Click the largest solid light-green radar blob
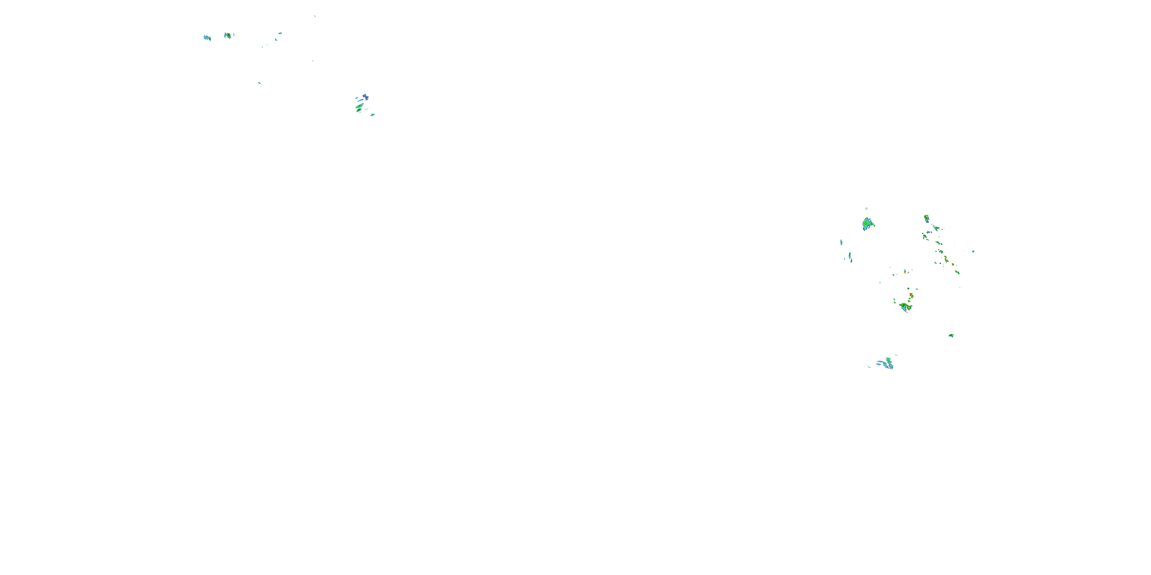tap(867, 223)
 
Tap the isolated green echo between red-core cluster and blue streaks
tap(951, 335)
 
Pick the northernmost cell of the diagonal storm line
tap(926, 218)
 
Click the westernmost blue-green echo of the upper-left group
tap(207, 38)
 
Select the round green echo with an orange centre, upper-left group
tap(228, 35)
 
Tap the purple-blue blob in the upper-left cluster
tap(366, 97)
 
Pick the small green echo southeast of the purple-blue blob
tap(373, 115)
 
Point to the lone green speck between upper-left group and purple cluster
tap(259, 82)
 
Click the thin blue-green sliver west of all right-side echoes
tap(841, 242)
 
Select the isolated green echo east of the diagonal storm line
tap(973, 251)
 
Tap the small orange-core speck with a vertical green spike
tap(905, 271)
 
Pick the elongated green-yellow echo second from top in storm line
tap(936, 228)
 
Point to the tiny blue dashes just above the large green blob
tap(866, 209)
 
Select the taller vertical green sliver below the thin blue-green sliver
tap(850, 257)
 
